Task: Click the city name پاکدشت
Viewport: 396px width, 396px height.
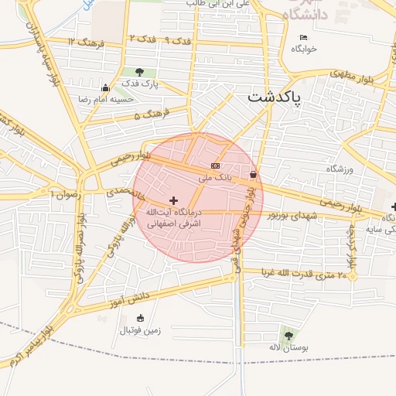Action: point(275,97)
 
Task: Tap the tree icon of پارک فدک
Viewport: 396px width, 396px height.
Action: point(139,72)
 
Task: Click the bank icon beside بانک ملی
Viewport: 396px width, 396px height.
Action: point(215,166)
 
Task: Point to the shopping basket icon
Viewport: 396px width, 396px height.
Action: point(254,175)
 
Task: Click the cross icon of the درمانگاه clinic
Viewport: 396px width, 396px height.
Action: point(173,200)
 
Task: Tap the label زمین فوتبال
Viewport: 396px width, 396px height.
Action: point(139,330)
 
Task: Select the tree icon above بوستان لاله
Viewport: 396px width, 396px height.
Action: point(288,336)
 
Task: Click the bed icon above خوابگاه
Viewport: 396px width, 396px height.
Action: point(304,37)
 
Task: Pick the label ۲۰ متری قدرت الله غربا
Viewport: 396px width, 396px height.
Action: point(299,273)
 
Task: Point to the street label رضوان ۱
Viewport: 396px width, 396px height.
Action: point(65,194)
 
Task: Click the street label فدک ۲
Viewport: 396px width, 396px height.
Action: point(145,39)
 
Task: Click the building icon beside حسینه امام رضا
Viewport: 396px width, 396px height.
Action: point(104,87)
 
